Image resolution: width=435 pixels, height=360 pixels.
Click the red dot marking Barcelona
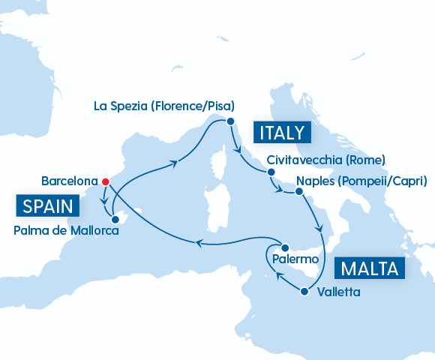pyautogui.click(x=106, y=181)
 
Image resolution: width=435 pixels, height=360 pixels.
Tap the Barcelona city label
pyautogui.click(x=70, y=181)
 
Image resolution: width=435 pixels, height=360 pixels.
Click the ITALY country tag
pyautogui.click(x=282, y=133)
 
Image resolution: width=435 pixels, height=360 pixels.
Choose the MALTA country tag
pyautogui.click(x=370, y=268)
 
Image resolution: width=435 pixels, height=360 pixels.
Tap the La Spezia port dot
pyautogui.click(x=230, y=121)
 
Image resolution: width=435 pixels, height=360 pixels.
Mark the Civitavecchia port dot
pyautogui.click(x=268, y=172)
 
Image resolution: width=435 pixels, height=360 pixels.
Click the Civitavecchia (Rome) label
pyautogui.click(x=326, y=160)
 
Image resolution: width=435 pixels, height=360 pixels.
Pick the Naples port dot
pyautogui.click(x=298, y=192)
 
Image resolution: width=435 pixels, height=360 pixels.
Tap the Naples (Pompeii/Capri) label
pyautogui.click(x=362, y=181)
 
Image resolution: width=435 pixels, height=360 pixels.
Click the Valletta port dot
pyautogui.click(x=304, y=291)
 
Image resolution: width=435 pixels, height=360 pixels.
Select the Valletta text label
pyautogui.click(x=338, y=291)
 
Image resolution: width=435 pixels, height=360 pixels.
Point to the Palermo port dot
pyautogui.click(x=284, y=247)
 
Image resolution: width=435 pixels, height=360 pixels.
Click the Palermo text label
pyautogui.click(x=297, y=259)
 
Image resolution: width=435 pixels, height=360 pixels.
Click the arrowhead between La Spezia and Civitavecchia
pyautogui.click(x=238, y=148)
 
